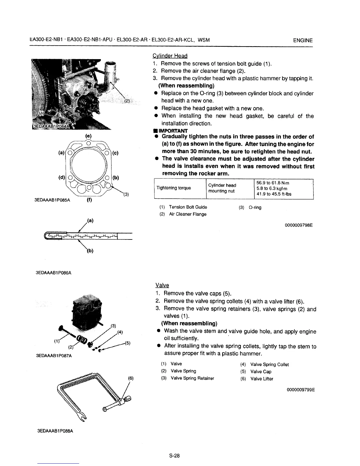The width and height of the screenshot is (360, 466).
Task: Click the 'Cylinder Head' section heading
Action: [x=170, y=56]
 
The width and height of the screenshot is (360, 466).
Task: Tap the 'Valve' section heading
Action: [x=162, y=285]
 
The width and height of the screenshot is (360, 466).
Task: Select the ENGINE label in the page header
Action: [x=303, y=40]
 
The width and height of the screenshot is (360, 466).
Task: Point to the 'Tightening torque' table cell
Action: [x=174, y=188]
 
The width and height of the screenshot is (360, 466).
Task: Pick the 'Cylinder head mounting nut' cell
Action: [x=222, y=188]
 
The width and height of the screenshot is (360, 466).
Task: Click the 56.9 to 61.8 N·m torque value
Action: [x=274, y=183]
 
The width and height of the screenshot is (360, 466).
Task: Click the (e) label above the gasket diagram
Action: [x=88, y=136]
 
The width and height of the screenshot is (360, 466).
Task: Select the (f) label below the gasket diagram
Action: [x=89, y=201]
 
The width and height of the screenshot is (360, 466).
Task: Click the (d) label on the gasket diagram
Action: [x=62, y=178]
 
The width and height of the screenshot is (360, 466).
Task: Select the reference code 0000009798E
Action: [x=299, y=226]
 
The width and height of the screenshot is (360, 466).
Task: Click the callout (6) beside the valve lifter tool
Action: [x=131, y=379]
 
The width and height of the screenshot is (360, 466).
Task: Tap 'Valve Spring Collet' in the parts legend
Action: [x=269, y=365]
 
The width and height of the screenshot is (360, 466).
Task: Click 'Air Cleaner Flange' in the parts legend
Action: [x=187, y=214]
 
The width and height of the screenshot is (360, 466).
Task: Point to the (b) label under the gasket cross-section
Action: [x=90, y=251]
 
